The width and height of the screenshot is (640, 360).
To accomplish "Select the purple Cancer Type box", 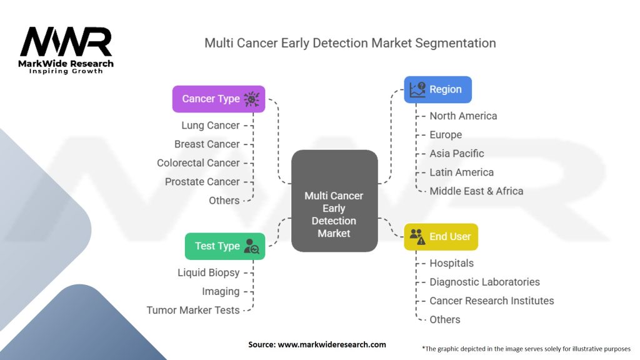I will coord(219,99).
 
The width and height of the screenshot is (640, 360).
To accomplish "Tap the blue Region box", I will coord(437,89).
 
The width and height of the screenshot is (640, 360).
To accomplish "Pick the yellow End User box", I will coord(441,237).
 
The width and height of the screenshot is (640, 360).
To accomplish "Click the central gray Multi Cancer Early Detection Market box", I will coord(334,201).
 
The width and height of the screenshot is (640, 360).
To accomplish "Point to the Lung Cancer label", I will coord(211,125).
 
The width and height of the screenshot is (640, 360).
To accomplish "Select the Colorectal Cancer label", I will coord(198,162).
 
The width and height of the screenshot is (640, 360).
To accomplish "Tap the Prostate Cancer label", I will coord(202,181).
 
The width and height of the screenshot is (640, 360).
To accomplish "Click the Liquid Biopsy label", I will coord(208,272).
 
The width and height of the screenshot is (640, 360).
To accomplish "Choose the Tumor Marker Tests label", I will coord(193,310).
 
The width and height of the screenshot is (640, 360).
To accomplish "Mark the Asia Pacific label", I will coord(457,153).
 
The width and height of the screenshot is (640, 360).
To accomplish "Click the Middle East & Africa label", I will coord(476,191).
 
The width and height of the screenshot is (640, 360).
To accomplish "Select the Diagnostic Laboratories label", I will coord(484,282).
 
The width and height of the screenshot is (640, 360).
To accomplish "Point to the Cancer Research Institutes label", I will coord(491,301).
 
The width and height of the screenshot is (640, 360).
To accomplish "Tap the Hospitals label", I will coord(451,263).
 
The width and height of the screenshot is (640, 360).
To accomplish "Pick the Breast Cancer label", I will coord(207,144).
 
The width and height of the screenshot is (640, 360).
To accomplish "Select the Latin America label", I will coord(461,172).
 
